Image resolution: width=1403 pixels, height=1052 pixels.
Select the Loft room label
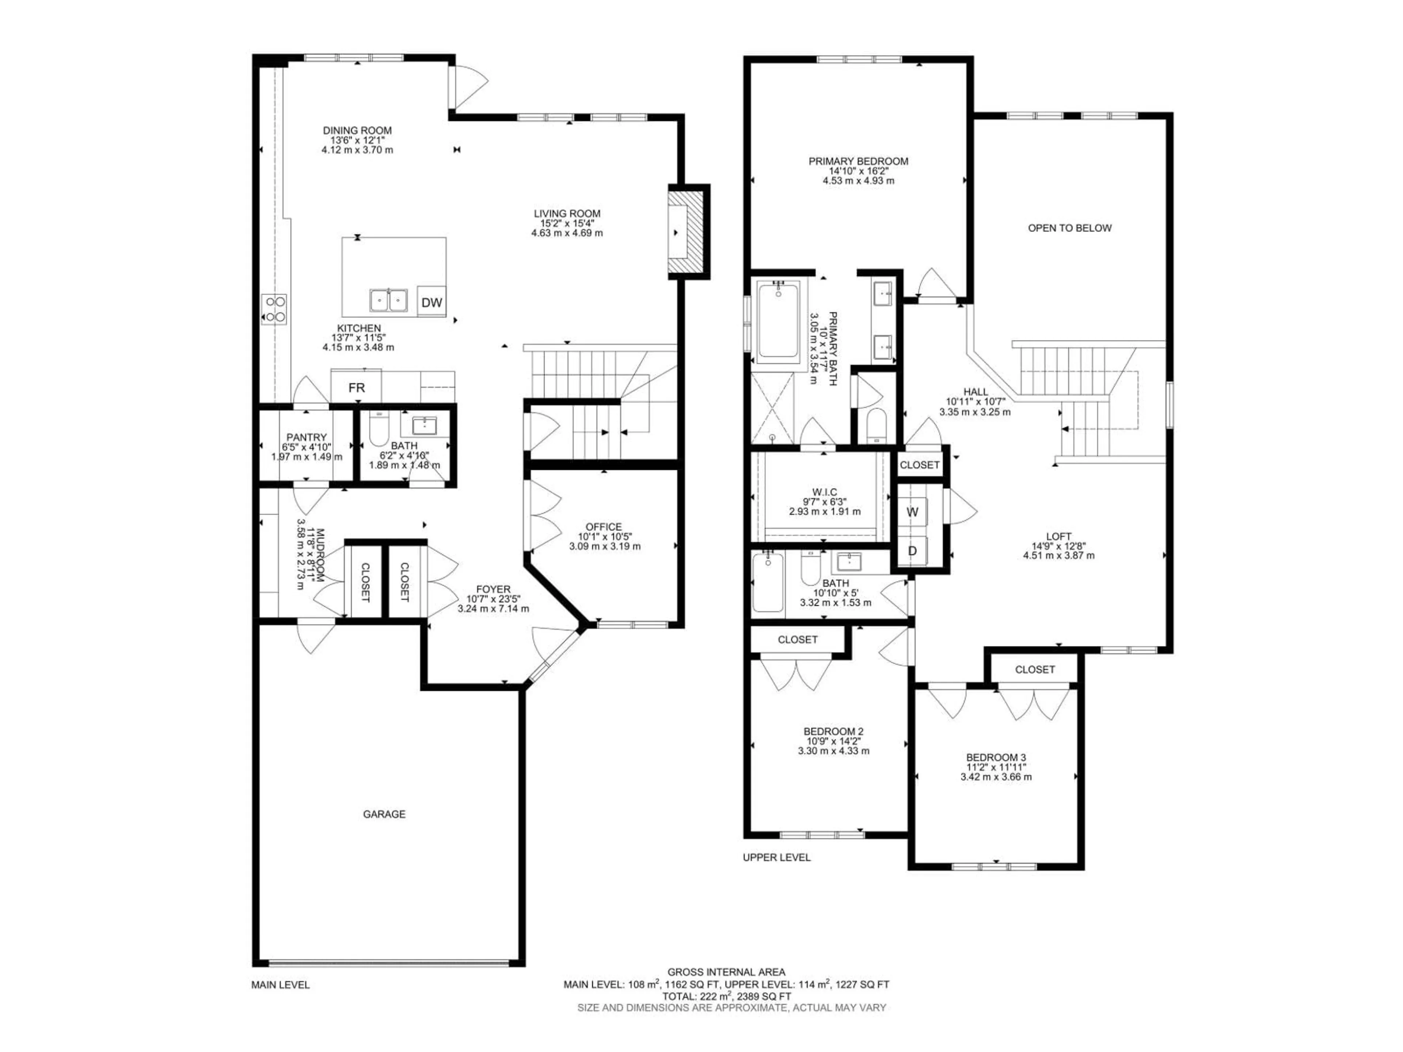coord(1058,536)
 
